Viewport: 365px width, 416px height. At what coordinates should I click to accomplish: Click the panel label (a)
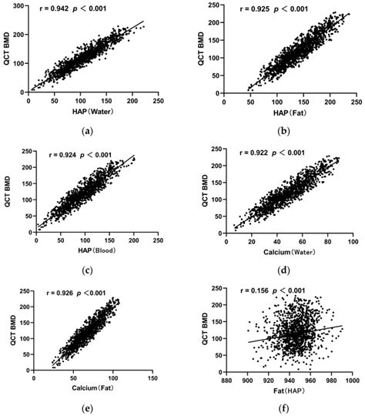91,130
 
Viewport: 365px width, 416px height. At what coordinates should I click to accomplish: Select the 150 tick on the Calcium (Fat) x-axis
152,377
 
